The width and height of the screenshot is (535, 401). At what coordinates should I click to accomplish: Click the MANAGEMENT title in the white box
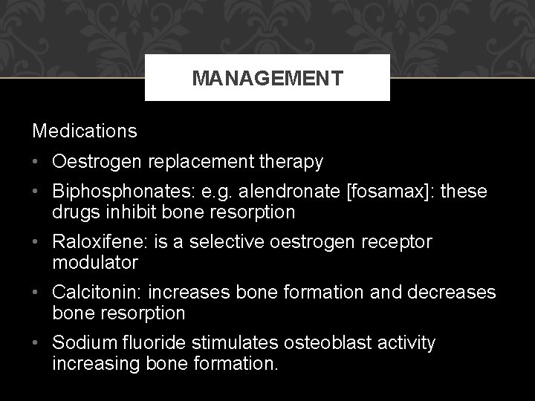click(x=267, y=78)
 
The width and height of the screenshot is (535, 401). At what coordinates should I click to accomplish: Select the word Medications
click(x=85, y=131)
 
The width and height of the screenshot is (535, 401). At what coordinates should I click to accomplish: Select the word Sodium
click(x=78, y=344)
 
